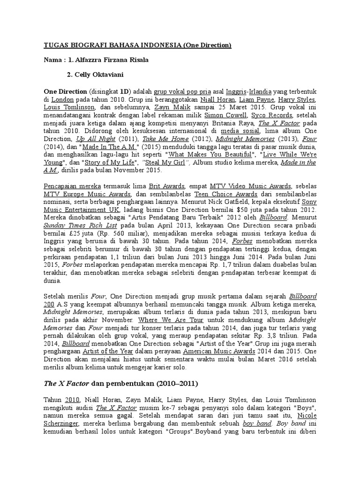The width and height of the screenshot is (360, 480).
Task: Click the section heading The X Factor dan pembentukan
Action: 121,383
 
